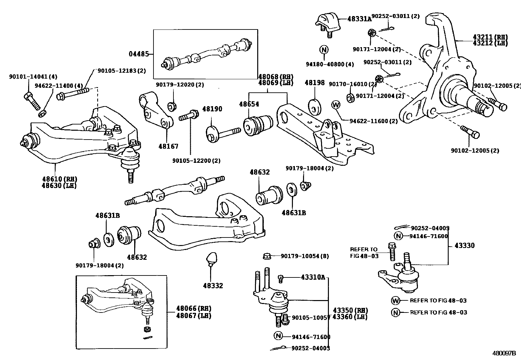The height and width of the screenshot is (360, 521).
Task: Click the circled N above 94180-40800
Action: pos(324,50)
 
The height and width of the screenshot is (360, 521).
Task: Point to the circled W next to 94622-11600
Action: pos(336,105)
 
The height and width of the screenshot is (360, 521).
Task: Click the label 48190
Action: pos(212,109)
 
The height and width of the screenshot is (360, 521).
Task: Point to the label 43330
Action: pos(464,245)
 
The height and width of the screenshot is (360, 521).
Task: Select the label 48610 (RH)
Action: pos(59,179)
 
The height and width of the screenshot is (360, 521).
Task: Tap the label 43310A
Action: pos(313,277)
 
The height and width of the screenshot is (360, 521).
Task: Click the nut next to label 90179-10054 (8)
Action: pos(267,256)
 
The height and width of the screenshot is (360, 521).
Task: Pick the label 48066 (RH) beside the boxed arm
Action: pos(193,308)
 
